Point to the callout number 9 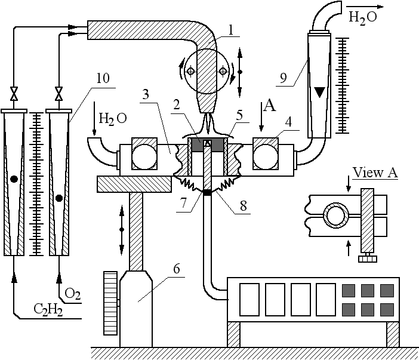(x=282, y=77)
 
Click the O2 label (x=73, y=293)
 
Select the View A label (x=375, y=173)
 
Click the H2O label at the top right (x=362, y=17)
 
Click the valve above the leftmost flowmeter (x=13, y=94)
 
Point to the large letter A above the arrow (x=270, y=106)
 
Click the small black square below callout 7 (x=207, y=192)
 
